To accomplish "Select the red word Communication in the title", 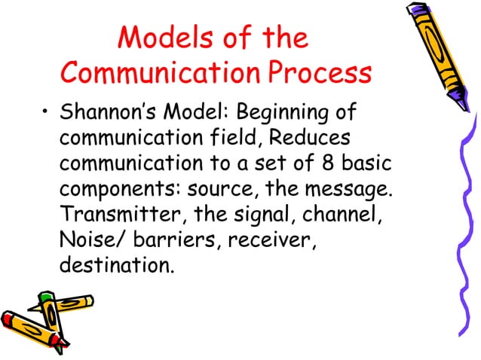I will [x=162, y=73].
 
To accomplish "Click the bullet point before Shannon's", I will [x=45, y=115].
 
